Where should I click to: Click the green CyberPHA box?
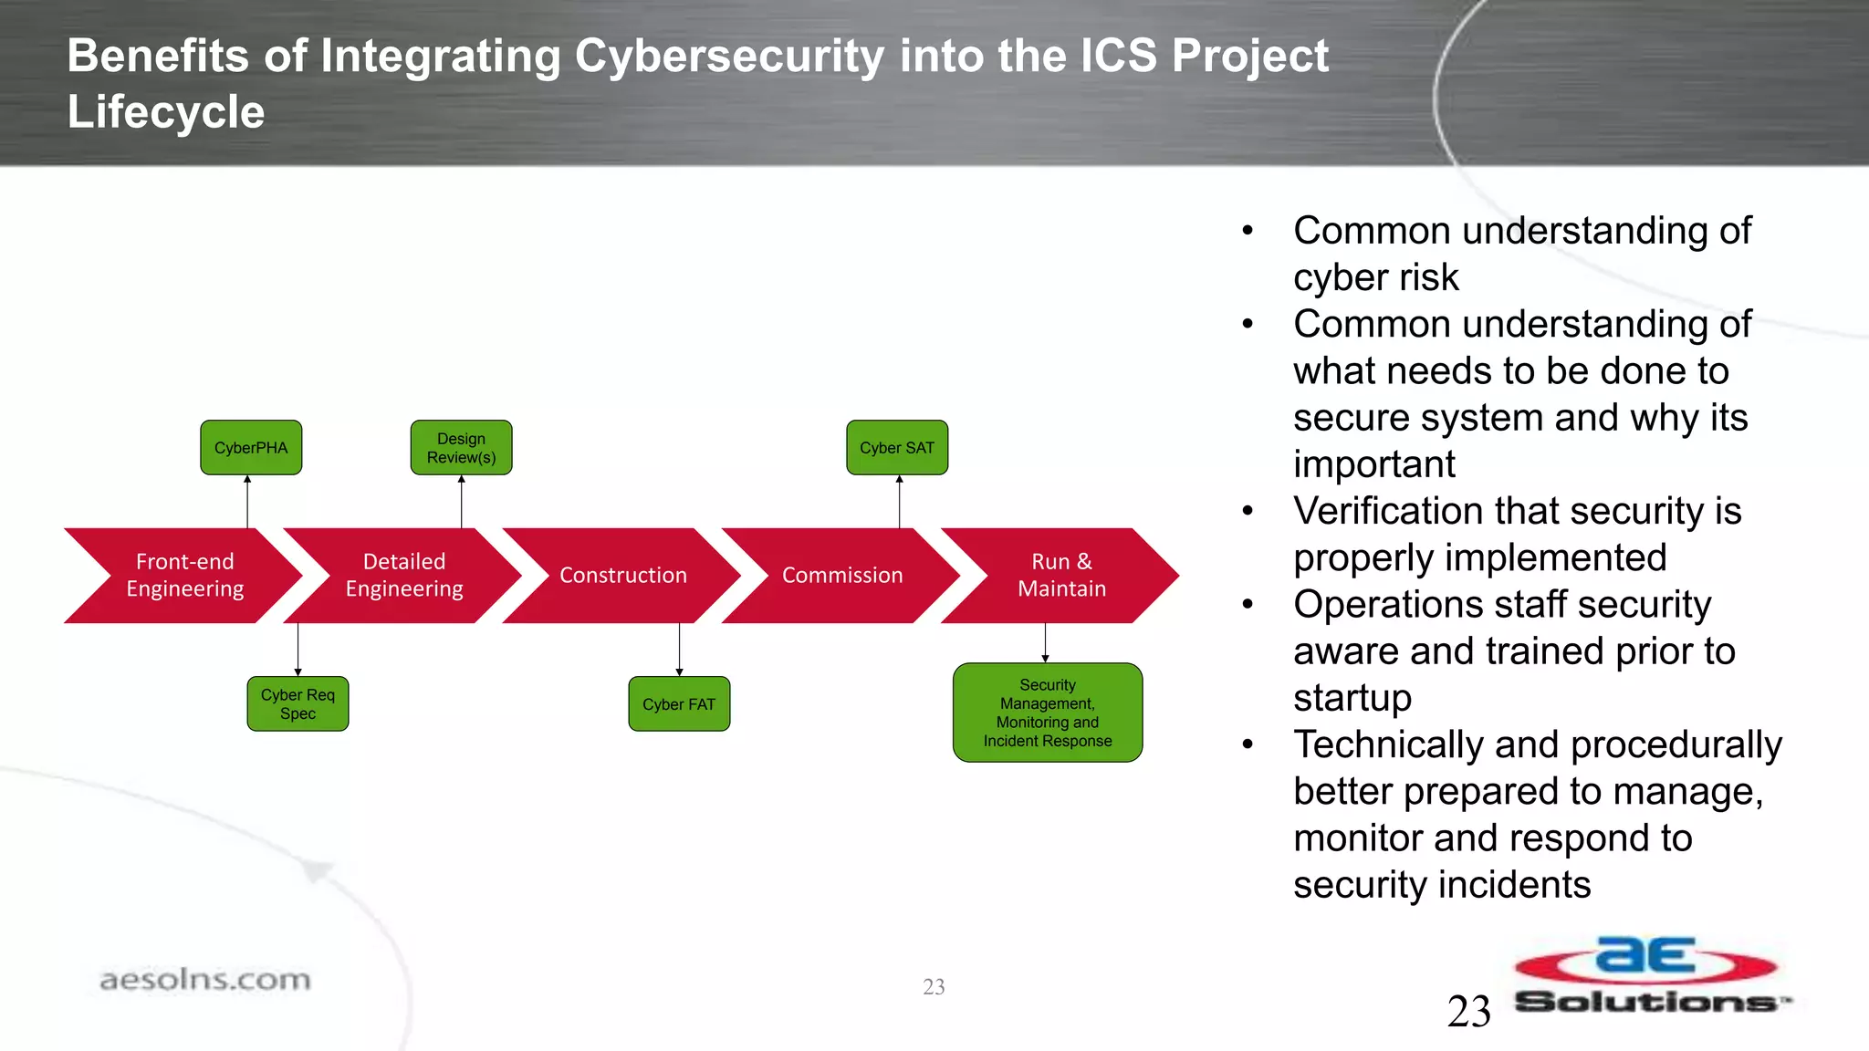point(251,447)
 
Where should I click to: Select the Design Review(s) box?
point(461,447)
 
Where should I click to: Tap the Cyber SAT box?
point(897,447)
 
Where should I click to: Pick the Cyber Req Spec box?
point(298,703)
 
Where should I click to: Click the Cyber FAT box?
point(679,703)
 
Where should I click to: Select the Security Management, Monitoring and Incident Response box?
point(1048,713)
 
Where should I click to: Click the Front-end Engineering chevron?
point(185,575)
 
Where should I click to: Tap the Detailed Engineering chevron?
point(404,575)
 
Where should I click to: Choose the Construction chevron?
point(623,575)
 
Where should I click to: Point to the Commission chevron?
point(842,575)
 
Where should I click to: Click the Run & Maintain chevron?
point(1061,575)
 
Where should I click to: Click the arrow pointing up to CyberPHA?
point(247,501)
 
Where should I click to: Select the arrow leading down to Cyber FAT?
point(679,650)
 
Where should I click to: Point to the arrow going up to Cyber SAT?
point(899,501)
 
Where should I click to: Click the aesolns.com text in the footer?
point(205,980)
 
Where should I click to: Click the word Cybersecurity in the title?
point(729,56)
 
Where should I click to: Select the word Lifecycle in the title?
point(166,112)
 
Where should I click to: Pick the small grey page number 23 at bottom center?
point(934,986)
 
